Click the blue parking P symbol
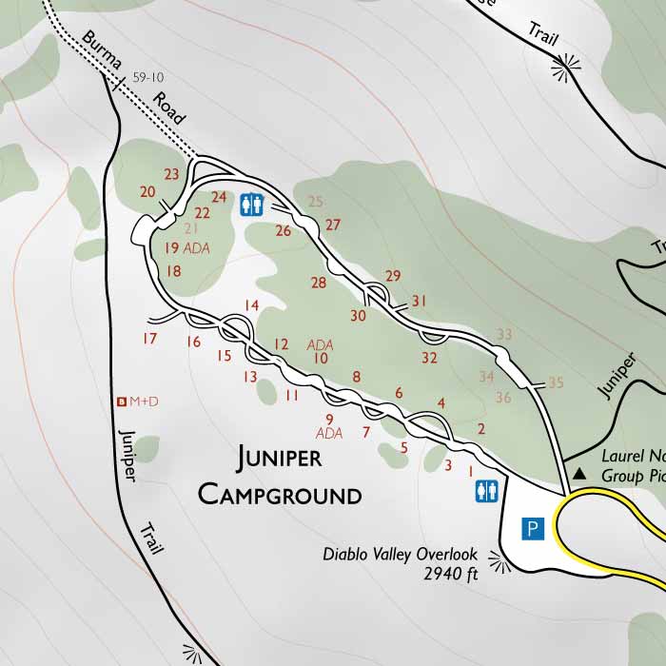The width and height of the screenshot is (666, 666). point(534,528)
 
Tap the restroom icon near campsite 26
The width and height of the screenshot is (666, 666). point(251,205)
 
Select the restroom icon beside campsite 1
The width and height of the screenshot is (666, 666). point(486,490)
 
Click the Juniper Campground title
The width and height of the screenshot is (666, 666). point(280,476)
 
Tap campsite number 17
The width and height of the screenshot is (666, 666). point(148,339)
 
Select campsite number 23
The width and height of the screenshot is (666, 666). point(171,174)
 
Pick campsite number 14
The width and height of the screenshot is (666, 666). point(251,305)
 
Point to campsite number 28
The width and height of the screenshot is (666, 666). point(318,283)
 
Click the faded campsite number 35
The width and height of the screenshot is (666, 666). point(557,382)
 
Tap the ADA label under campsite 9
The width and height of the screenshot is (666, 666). point(328,434)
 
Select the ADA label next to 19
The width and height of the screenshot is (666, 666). point(196,248)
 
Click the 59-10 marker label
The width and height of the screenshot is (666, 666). point(150,77)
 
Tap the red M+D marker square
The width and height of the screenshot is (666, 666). point(121,402)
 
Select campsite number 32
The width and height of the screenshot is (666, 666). point(429,359)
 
